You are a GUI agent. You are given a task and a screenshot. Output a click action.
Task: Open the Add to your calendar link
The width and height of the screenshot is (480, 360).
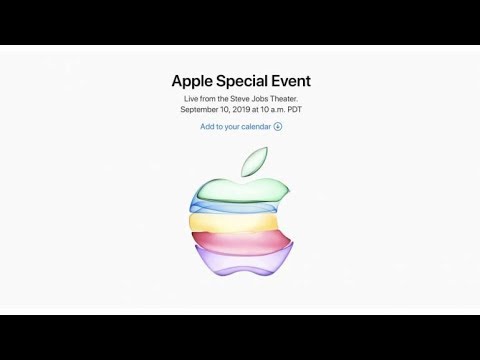[x=236, y=126]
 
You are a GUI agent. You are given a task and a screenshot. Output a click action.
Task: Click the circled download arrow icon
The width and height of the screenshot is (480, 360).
[x=278, y=126]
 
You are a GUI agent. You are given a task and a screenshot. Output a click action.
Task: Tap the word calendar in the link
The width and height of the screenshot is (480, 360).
[x=254, y=126]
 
